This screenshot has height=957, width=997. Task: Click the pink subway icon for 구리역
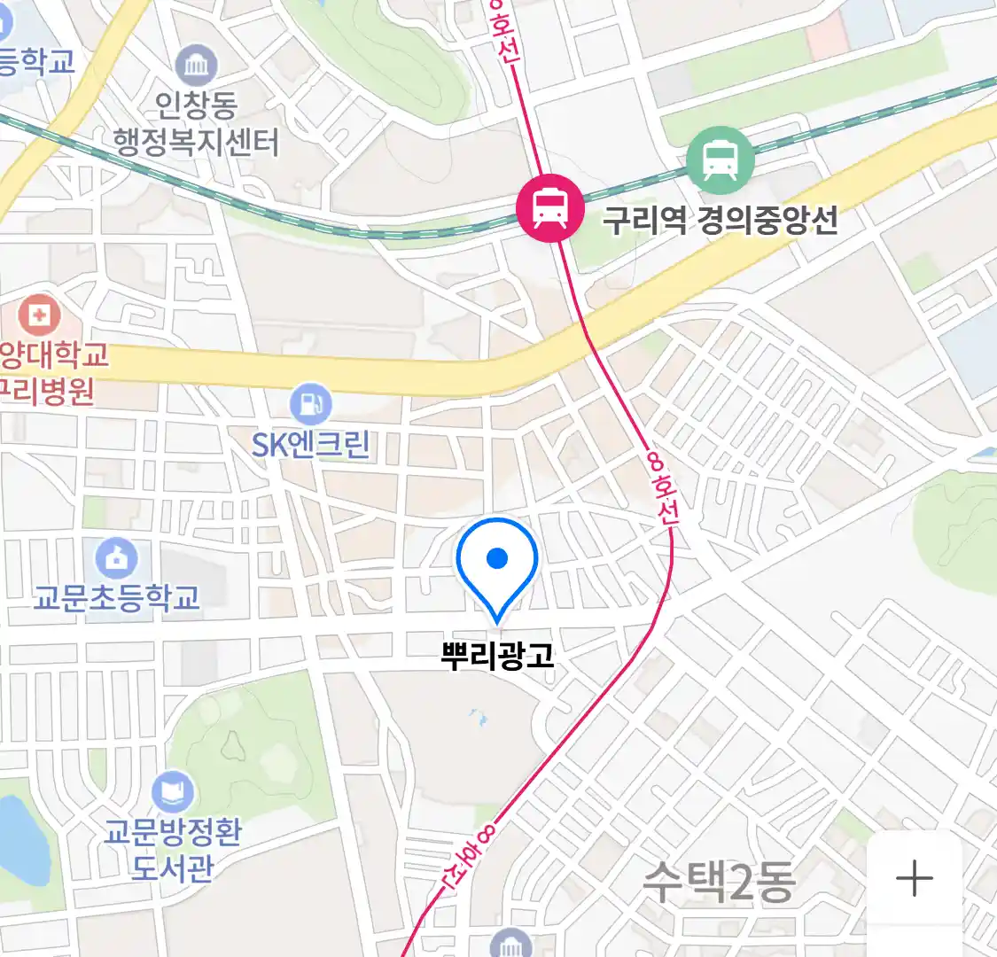point(550,209)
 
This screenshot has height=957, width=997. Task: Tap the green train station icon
point(720,161)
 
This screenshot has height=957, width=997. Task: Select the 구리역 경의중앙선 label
point(720,220)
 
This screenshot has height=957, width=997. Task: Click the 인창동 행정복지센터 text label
point(196,125)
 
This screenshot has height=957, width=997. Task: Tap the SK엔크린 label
point(310,443)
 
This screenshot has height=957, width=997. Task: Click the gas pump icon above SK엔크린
point(310,405)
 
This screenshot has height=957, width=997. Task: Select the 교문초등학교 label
point(116,597)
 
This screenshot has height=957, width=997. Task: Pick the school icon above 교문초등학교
point(116,558)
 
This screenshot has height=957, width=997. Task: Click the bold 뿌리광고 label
point(497,655)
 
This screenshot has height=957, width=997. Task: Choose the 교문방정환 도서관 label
point(173,849)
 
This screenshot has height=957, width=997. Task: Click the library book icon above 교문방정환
point(172,791)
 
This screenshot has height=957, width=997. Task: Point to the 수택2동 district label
point(718,881)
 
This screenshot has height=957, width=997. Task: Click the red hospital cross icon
point(40,315)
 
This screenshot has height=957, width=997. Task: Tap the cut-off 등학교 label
point(35,61)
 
